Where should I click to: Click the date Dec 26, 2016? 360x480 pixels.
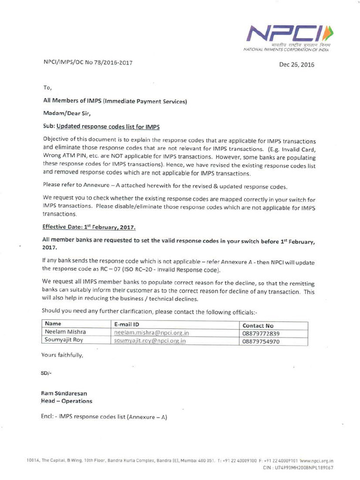point(296,65)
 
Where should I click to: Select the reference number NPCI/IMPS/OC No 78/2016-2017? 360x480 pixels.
point(85,63)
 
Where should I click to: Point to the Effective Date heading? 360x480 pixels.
point(89,227)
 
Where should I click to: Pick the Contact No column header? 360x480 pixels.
point(258,325)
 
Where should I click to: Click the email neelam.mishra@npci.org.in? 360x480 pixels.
point(151,333)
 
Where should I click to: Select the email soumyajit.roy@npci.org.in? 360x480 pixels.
point(150,341)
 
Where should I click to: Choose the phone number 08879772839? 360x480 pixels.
point(261,334)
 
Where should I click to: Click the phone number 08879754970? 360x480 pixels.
point(261,342)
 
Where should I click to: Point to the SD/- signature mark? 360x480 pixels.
point(46,373)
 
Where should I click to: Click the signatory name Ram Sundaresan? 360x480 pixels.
point(64,393)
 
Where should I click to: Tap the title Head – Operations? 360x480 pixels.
point(67,401)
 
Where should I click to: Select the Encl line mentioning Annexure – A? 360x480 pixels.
point(104,417)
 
